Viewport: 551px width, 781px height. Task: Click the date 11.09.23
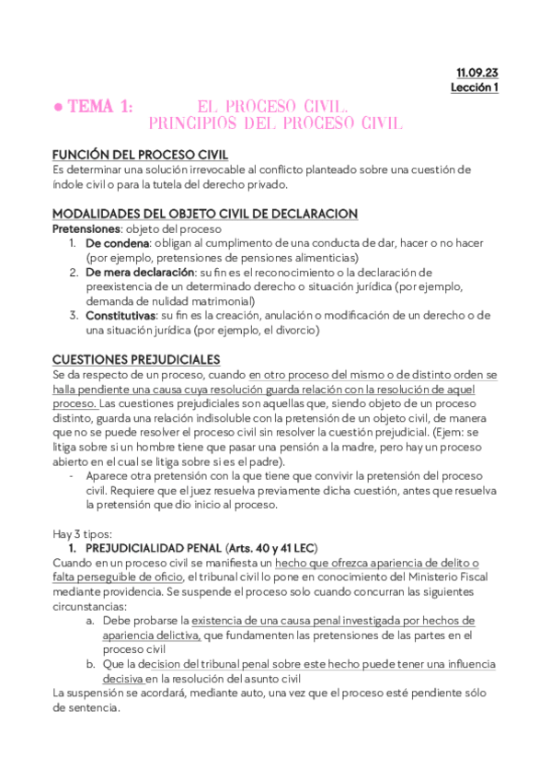pos(476,72)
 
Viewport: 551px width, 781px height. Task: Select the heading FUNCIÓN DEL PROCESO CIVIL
pos(140,155)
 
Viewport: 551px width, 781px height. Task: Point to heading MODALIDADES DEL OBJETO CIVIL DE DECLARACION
pos(204,214)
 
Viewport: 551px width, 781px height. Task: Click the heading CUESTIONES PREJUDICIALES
pos(136,359)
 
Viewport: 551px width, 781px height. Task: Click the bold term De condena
pos(117,243)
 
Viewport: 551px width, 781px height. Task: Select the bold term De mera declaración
pos(140,273)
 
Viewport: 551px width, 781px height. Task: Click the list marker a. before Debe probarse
pos(90,621)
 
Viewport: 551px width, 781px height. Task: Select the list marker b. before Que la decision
pos(90,664)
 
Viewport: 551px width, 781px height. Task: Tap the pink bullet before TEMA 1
pos(57,108)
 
